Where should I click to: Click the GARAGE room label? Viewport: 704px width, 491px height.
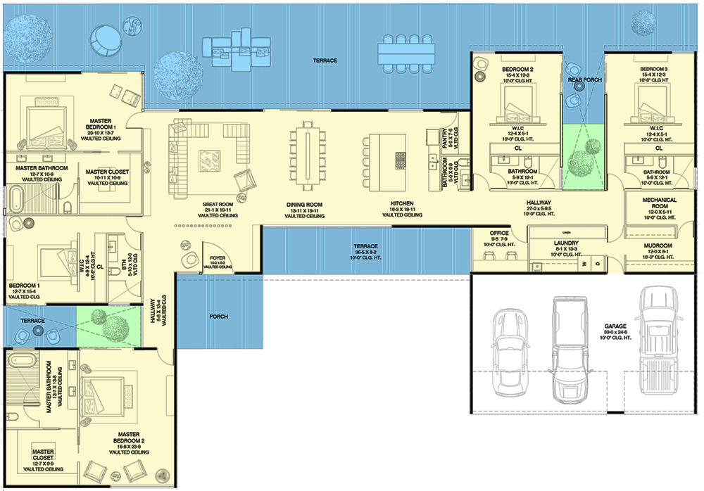click(x=620, y=326)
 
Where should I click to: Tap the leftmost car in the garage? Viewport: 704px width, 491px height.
click(x=509, y=345)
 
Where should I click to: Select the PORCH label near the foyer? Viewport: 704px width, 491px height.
click(x=219, y=316)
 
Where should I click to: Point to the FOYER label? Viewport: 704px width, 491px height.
click(x=217, y=258)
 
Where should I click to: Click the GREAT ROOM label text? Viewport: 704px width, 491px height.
click(x=218, y=205)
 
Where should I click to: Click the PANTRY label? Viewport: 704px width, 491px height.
click(x=446, y=134)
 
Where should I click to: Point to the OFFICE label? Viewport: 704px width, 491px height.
click(x=499, y=234)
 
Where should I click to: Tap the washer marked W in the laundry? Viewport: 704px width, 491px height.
click(x=584, y=264)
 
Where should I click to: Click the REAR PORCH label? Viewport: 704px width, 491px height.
click(x=584, y=80)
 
